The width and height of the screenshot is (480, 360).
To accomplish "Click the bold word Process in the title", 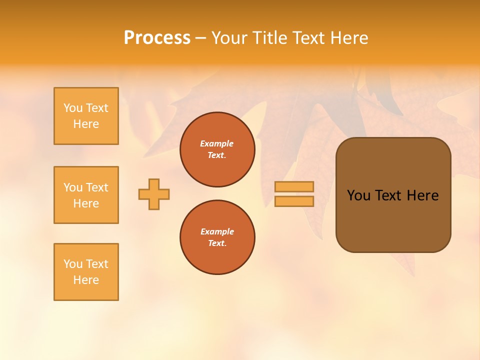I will (157, 38).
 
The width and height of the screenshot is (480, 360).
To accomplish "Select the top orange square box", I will (86, 116).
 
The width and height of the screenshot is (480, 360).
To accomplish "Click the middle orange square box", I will (86, 195).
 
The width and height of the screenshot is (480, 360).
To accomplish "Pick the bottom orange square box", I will (86, 272).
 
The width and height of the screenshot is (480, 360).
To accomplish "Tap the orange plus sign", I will (154, 194).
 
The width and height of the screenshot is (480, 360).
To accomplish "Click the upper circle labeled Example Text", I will (217, 149).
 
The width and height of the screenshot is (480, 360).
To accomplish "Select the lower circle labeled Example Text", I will (217, 237).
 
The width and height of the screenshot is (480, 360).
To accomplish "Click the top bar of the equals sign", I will (294, 186).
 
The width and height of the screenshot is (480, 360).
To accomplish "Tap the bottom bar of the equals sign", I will (294, 201).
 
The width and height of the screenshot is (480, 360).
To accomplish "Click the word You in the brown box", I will (358, 195).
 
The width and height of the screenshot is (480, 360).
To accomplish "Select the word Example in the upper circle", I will (217, 143).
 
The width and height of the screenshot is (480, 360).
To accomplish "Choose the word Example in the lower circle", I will (217, 231).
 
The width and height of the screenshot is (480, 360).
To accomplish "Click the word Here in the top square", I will (86, 124).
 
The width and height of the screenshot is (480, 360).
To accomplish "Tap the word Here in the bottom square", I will (86, 280).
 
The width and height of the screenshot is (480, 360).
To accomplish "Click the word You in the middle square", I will (73, 187).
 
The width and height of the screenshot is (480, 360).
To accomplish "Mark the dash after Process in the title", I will (201, 38).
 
